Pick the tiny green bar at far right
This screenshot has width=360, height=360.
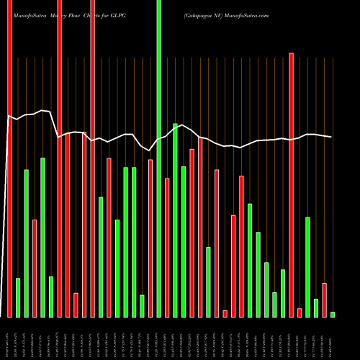coord(333,314)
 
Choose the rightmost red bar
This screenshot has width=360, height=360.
coord(324,300)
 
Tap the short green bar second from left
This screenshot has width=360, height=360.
coord(18,297)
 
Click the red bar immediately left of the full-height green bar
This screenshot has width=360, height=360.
coord(150,238)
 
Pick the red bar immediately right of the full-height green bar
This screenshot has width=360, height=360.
coord(167,248)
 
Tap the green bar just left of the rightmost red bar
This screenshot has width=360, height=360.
coord(315,307)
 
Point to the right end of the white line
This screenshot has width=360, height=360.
coord(331,137)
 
